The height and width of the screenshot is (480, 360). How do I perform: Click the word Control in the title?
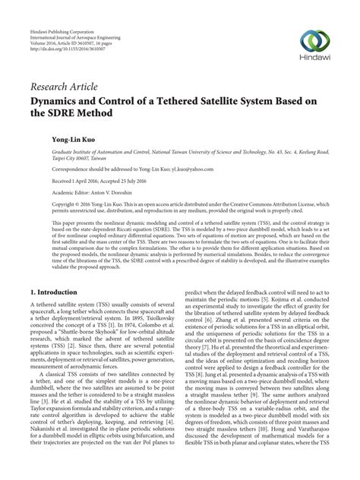coord(132,97)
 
